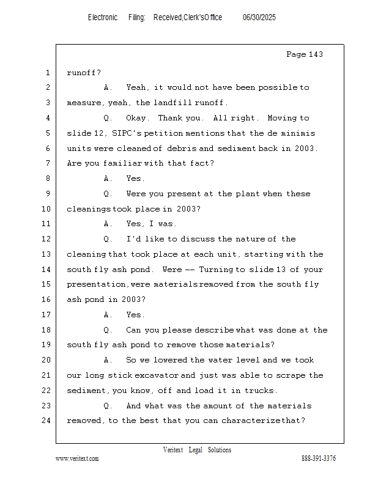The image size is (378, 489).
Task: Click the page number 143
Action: click(316, 54)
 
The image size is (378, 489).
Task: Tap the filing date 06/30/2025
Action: click(259, 17)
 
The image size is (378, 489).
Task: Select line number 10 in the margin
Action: click(46, 208)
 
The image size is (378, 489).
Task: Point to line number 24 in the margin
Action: click(46, 421)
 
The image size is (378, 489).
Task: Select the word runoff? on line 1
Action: click(84, 73)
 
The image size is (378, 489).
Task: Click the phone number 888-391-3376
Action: click(319, 458)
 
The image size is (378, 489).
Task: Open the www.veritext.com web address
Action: click(77, 458)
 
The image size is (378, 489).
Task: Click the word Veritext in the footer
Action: click(173, 450)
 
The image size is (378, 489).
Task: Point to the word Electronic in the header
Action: click(103, 17)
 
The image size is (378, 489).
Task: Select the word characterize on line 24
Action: click(251, 421)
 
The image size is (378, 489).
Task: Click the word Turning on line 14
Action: click(216, 269)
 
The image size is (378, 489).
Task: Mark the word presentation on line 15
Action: click(96, 284)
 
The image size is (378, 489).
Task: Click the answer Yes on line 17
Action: click(133, 315)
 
